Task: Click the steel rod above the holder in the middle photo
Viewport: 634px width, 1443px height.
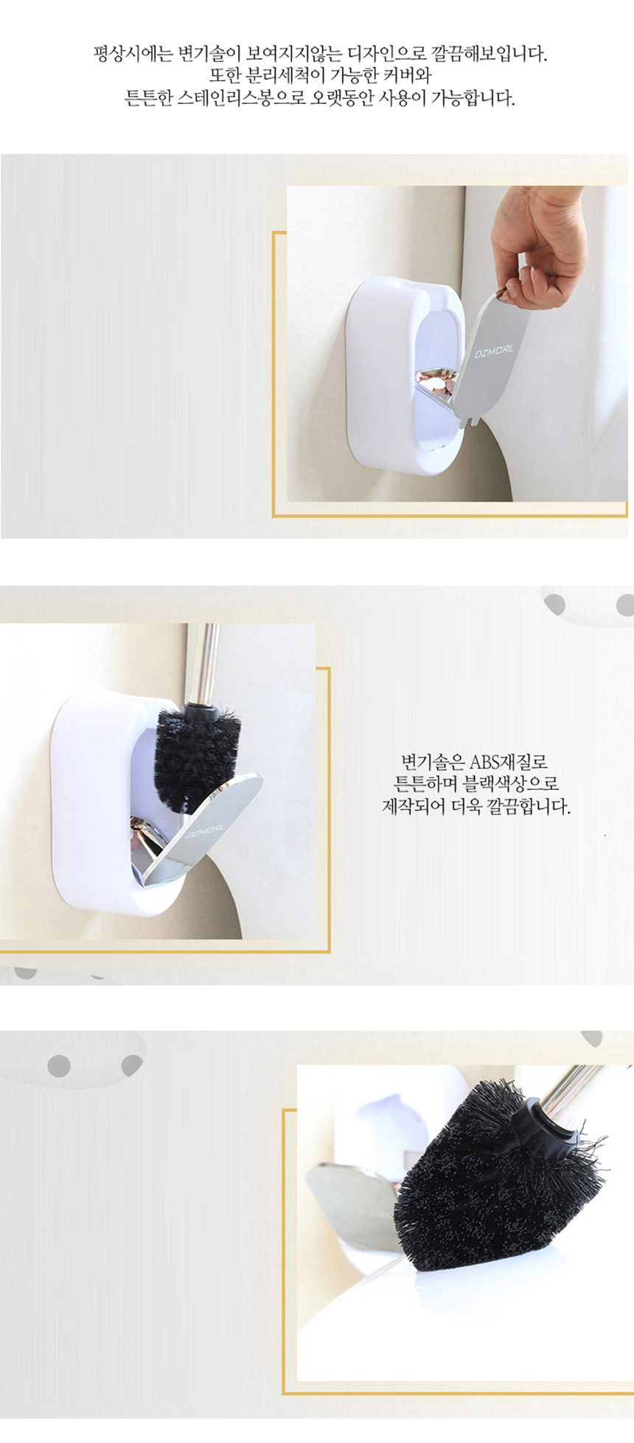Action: pos(202,664)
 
